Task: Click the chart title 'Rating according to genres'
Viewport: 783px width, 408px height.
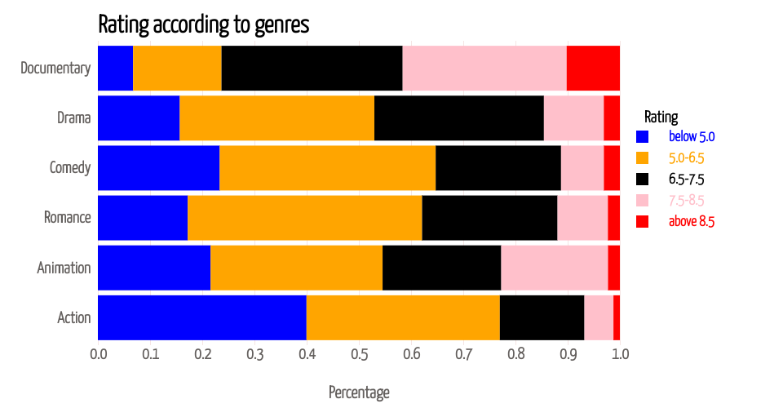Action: [x=203, y=24]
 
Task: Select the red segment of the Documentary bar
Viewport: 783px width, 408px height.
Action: [x=593, y=68]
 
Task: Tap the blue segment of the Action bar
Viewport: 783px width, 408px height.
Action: [x=201, y=317]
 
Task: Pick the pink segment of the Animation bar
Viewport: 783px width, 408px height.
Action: [x=554, y=268]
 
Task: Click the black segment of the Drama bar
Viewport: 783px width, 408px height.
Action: [x=458, y=118]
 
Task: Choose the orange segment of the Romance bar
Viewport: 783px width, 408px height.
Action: [x=304, y=218]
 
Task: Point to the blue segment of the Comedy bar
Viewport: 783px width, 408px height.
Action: [x=158, y=168]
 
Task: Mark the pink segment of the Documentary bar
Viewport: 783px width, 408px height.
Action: [x=484, y=68]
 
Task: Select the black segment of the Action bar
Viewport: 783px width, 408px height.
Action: [x=542, y=317]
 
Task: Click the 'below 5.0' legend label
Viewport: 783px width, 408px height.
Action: [x=691, y=136]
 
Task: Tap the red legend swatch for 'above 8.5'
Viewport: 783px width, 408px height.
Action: [x=642, y=221]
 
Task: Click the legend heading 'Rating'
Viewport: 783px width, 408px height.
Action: [x=661, y=116]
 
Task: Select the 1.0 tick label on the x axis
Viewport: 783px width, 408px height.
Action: [x=620, y=354]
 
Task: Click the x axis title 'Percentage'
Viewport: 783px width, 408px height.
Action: [x=359, y=392]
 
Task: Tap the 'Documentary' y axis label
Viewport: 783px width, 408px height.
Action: [x=55, y=68]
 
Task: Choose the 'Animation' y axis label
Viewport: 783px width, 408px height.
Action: [x=64, y=268]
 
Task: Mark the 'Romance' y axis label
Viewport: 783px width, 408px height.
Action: [x=67, y=218]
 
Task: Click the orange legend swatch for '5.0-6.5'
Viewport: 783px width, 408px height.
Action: [x=642, y=157]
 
